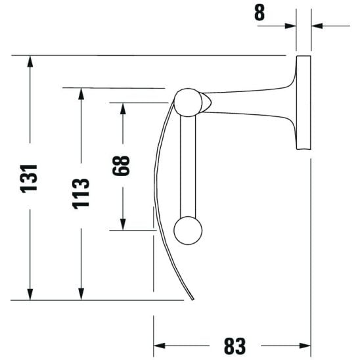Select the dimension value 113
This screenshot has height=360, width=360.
(x=81, y=193)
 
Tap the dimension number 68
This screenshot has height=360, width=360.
(x=122, y=166)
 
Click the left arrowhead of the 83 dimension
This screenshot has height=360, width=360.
(x=160, y=346)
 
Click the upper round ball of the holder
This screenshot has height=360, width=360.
(x=188, y=102)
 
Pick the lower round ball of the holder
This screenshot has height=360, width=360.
(x=188, y=231)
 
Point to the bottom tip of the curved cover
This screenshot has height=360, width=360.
(x=192, y=302)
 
